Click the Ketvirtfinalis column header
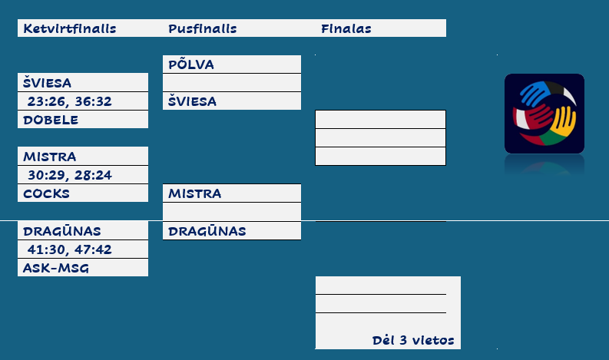69,29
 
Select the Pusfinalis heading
202,29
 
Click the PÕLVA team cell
191,64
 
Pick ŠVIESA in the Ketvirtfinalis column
48,83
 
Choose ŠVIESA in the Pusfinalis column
193,101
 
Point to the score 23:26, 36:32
69,101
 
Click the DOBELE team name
51,120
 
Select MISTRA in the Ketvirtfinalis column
50,157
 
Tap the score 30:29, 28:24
69,175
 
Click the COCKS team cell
46,193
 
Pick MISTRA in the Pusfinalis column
195,193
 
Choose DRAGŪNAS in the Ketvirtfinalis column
62,231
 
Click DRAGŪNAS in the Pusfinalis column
207,231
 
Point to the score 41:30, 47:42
69,249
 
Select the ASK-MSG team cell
56,268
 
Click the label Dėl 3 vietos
413,340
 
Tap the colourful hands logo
544,114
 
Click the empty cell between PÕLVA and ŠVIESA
231,83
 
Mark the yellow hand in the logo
564,119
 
